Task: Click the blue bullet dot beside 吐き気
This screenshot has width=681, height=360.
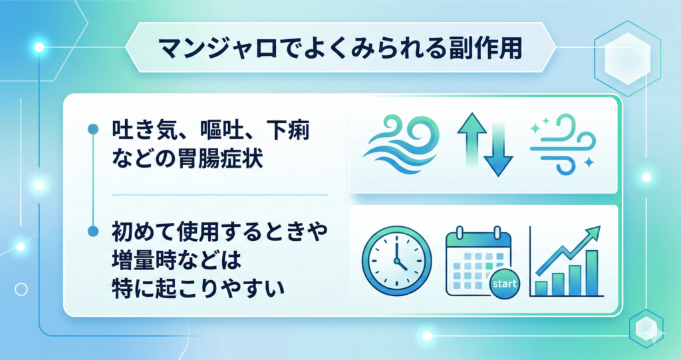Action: coord(93,129)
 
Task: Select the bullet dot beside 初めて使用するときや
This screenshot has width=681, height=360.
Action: coord(93,232)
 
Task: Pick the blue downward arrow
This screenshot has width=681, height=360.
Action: coord(498,150)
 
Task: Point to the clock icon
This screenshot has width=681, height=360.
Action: coord(396,261)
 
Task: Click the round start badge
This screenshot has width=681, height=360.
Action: coord(505,284)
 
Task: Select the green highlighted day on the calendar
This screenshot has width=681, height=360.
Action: coord(489,265)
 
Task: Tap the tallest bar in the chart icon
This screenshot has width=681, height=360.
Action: coord(592,273)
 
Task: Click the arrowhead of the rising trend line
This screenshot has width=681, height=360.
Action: coord(594,232)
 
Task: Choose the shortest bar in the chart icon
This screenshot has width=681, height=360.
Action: coord(541,288)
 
